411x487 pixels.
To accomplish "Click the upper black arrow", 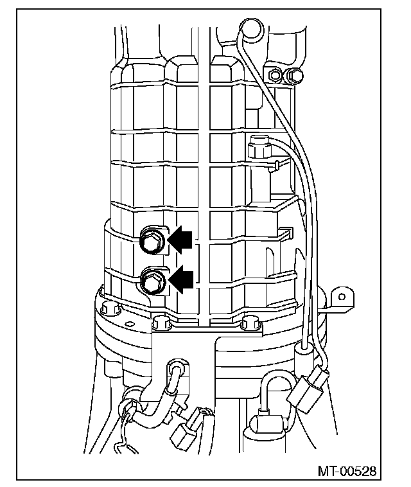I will [181, 238].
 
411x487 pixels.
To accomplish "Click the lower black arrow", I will [181, 280].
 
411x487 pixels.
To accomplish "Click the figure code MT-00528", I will [346, 471].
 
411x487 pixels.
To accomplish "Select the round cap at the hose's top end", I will [250, 28].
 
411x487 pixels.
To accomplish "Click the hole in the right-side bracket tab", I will [342, 297].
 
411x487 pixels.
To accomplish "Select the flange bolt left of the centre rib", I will [159, 323].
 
